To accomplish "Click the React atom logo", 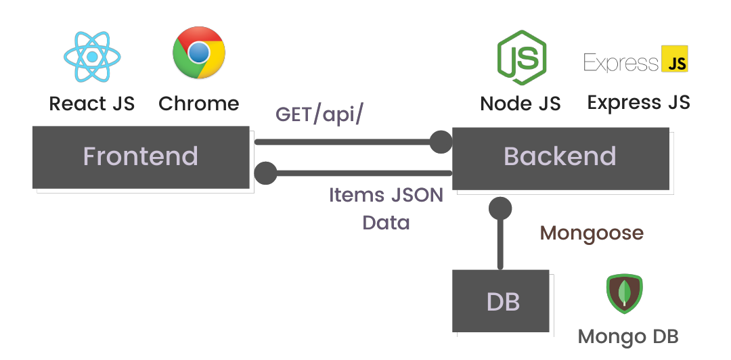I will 92,56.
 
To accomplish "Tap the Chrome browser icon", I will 199,53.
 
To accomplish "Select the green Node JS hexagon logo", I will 521,58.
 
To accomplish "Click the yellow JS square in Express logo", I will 674,60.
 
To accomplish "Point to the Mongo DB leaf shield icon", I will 623,294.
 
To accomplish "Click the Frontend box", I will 141,157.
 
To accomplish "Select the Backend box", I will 560,157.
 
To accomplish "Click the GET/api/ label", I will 319,114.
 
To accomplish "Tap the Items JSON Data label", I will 386,208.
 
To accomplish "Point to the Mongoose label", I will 592,233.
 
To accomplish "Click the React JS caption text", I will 92,104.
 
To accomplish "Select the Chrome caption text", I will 199,104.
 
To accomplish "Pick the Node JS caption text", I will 520,104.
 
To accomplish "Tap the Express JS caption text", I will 638,103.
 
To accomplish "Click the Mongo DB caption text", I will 628,336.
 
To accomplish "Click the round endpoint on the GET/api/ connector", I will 441,142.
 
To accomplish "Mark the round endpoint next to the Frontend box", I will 265,173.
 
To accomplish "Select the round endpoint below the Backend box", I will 501,208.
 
